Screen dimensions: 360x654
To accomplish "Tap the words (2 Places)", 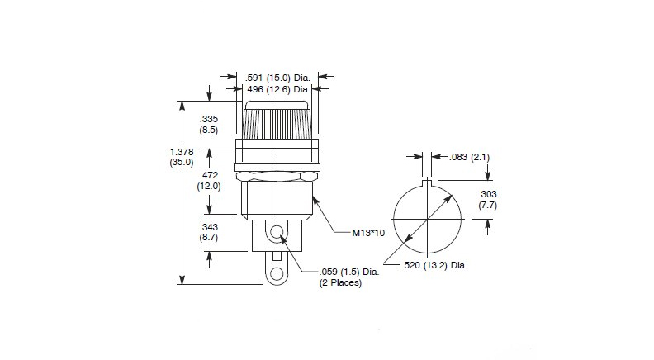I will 340,282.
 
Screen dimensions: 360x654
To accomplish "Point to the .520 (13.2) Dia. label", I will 434,265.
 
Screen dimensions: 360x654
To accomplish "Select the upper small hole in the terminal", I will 277,231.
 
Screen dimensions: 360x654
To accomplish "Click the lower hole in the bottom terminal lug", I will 276,272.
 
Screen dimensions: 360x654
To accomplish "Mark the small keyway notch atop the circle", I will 427,184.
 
